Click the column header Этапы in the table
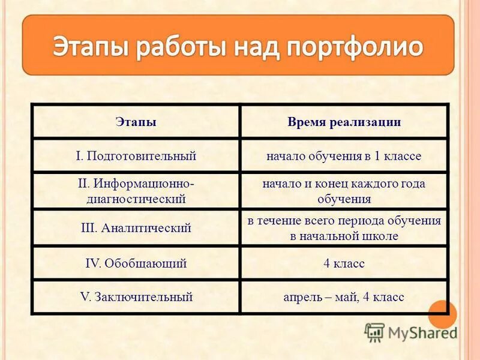136,122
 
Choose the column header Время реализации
344,122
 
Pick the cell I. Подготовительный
136,156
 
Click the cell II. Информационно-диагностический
136,191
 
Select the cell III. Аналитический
136,228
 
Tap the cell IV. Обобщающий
136,263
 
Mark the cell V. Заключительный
136,296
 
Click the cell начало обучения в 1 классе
344,156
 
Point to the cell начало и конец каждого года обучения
344,191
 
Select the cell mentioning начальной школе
344,228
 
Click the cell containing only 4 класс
344,263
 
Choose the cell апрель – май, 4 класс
344,296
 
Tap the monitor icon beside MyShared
375,332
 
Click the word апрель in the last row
301,297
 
